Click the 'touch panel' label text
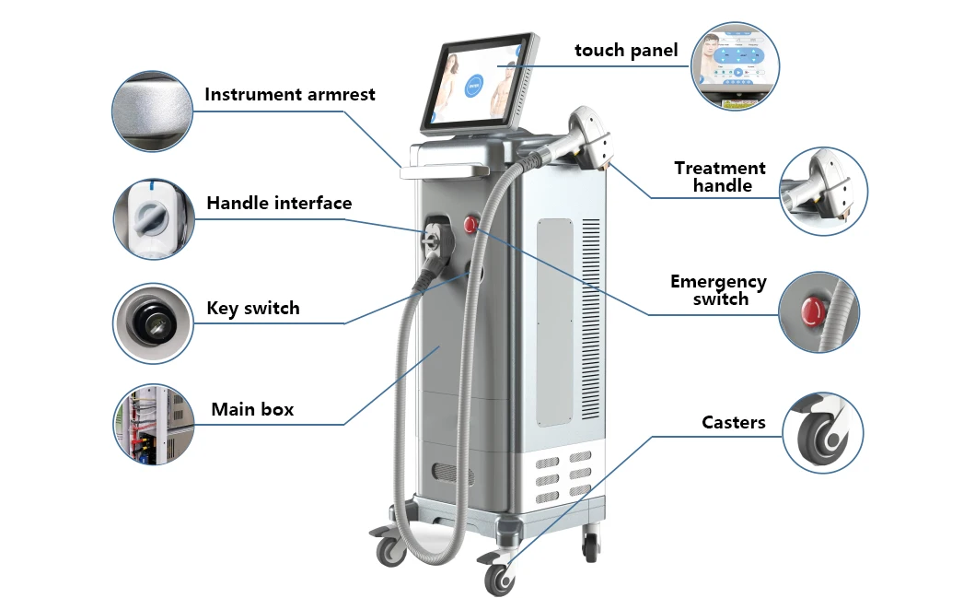point(625,51)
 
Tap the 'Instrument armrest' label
point(290,94)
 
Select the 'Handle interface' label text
point(279,203)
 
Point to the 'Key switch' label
point(253,309)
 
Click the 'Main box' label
point(252,409)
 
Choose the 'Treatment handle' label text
point(720,177)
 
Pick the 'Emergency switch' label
point(718,290)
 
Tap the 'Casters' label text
point(733,423)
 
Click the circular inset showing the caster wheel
point(824,433)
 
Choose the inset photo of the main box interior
point(153,425)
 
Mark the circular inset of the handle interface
point(153,219)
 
